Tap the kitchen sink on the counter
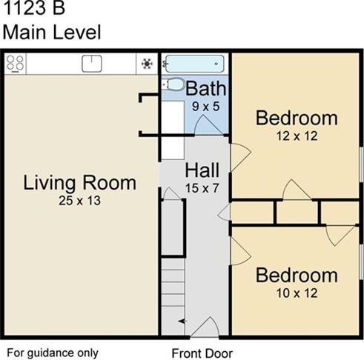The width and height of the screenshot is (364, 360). pos(92,63)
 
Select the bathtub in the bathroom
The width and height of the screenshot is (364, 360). pos(195,63)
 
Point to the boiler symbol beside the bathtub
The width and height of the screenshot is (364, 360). pos(147,64)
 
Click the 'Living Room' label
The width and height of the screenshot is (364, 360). pos(79,182)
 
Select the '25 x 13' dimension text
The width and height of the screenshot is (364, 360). pos(79,200)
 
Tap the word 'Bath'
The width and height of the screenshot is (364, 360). pos(206,89)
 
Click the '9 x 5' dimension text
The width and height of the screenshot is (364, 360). pos(205,106)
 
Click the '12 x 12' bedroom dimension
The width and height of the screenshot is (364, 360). pos(296,136)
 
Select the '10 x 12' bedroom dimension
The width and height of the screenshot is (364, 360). pos(296,293)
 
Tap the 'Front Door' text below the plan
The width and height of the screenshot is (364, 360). pos(202,353)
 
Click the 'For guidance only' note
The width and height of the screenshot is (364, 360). pos(53,353)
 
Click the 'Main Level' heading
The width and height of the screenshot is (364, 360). pos(51,32)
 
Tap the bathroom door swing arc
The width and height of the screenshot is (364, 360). pos(204,124)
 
